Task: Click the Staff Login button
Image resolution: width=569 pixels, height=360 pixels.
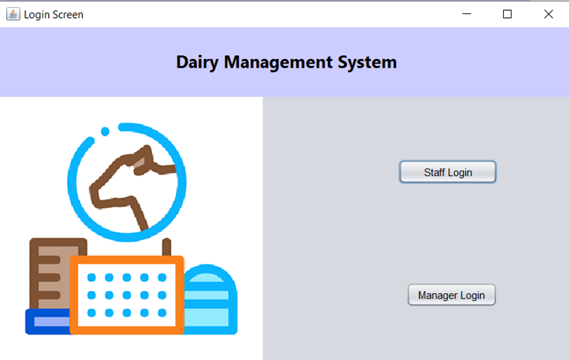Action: pos(447,172)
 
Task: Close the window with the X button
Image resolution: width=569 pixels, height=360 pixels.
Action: pos(548,14)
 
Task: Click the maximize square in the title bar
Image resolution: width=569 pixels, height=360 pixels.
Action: pos(507,14)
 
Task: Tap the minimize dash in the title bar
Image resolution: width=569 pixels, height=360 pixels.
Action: pos(467,14)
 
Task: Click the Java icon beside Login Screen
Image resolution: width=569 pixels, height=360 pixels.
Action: pos(13,14)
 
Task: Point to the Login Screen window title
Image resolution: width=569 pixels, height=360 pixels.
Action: pos(53,15)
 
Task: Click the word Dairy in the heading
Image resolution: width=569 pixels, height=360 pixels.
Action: pos(197,62)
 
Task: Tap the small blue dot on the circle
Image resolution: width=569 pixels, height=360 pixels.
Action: pos(92,141)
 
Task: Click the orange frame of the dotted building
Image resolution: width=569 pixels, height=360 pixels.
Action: pos(126,260)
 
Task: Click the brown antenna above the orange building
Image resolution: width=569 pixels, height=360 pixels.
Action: pos(166,247)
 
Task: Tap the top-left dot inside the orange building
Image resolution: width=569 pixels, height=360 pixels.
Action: pos(91,278)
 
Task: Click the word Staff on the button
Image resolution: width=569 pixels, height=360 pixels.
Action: pos(434,172)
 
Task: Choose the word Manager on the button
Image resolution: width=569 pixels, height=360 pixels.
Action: pos(437,296)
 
